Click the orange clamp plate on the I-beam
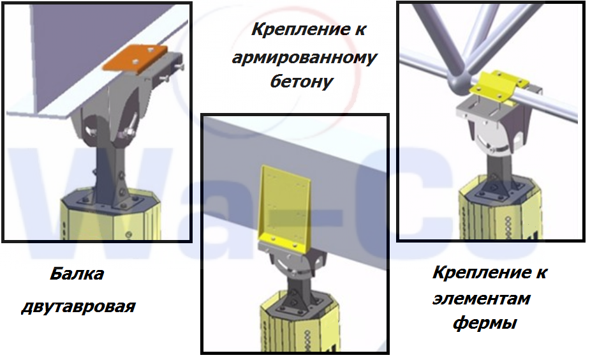click(135, 58)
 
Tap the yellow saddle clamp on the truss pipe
click(499, 87)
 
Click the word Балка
click(77, 274)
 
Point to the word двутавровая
click(78, 306)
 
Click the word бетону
click(302, 81)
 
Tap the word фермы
click(485, 323)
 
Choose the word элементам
click(482, 299)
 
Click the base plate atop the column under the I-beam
click(110, 204)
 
